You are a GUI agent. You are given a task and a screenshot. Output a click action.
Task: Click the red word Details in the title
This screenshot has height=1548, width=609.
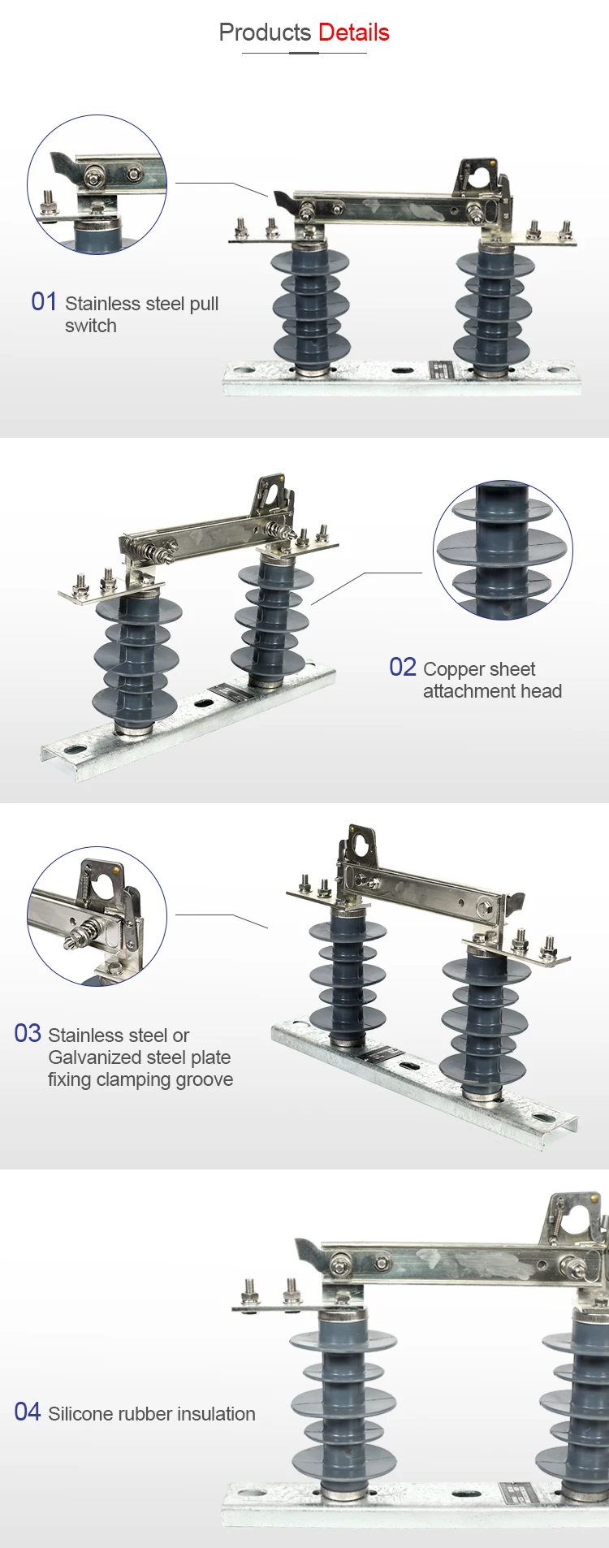(353, 32)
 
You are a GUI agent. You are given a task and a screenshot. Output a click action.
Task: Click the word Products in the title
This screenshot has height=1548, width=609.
(265, 32)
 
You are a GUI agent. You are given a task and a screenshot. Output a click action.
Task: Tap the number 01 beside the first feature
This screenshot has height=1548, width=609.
(44, 302)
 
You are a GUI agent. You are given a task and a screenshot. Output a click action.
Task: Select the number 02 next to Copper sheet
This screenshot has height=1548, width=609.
(403, 668)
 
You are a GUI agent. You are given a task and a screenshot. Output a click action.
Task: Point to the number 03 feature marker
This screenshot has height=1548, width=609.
(28, 1034)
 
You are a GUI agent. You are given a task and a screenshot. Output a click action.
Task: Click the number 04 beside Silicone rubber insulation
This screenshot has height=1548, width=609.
(28, 1412)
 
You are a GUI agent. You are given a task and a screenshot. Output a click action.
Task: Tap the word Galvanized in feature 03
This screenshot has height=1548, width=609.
(91, 1057)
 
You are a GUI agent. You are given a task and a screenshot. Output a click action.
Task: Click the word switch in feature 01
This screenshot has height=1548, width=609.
(91, 326)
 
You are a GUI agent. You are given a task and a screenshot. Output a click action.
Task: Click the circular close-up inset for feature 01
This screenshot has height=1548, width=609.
(97, 184)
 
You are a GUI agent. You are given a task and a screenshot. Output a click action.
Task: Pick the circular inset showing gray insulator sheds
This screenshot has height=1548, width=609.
(503, 550)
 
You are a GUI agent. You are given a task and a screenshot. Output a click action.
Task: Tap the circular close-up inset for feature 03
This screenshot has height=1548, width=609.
(97, 916)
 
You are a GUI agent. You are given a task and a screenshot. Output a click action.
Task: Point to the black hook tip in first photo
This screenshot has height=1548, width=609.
(281, 200)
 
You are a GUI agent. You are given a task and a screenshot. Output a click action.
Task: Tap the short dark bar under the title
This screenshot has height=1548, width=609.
(304, 53)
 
